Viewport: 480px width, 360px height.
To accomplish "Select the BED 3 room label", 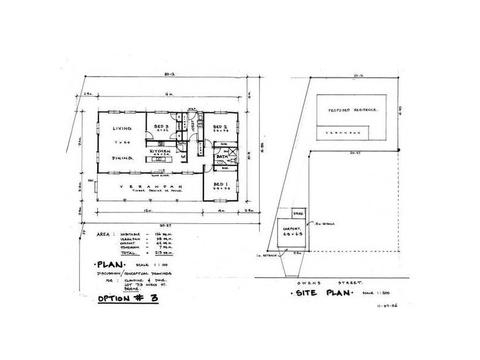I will pos(161,127).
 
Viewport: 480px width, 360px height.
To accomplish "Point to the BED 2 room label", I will pos(220,127).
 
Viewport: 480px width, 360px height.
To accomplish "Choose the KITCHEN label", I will pos(161,151).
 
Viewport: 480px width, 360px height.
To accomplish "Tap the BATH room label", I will pos(221,157).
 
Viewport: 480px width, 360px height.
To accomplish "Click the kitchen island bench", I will pos(161,157).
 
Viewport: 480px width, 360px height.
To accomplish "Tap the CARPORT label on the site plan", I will pos(292,229).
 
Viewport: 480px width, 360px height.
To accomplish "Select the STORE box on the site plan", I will pos(298,213).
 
